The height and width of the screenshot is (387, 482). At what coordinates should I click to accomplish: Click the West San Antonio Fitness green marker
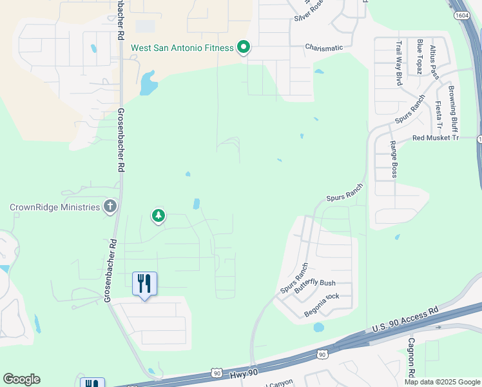pos(244,48)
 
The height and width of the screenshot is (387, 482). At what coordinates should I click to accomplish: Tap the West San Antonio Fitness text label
pos(182,48)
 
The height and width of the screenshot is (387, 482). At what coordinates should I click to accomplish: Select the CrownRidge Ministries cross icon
pos(110,207)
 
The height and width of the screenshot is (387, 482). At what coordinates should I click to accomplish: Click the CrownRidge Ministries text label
pos(55,207)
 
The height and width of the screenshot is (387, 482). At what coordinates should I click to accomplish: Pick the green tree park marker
pos(158,216)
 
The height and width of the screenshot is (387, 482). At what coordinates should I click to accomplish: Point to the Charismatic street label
pos(329,48)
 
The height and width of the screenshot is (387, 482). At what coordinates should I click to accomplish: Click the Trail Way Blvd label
pos(399,63)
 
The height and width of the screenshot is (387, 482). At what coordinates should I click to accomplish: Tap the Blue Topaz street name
pos(419,56)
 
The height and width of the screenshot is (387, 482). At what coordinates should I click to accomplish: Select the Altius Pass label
pos(434,62)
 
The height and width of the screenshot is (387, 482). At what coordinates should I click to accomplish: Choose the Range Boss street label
pos(394,160)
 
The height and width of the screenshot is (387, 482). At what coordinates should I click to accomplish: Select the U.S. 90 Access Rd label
pos(405,319)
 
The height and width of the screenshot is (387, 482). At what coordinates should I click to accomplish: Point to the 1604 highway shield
pos(461,15)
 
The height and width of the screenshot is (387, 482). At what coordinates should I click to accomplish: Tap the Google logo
pos(21,379)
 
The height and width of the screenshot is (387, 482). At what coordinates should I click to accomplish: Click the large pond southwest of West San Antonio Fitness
pos(148,83)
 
